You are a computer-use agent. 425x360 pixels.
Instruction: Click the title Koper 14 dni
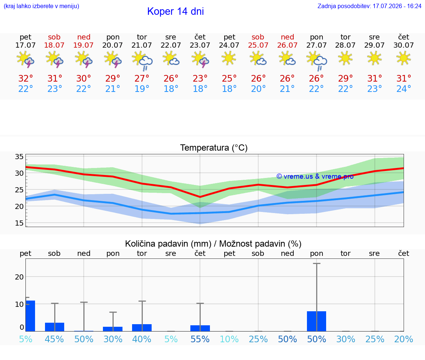pyautogui.click(x=175, y=11)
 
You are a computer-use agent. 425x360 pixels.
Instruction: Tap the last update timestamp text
pyautogui.click(x=369, y=6)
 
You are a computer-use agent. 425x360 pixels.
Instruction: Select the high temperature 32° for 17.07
pyautogui.click(x=25, y=78)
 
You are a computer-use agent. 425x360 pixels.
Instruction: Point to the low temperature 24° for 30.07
pyautogui.click(x=404, y=89)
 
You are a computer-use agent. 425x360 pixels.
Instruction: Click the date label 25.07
pyautogui.click(x=258, y=45)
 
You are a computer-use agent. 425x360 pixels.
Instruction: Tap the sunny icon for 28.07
pyautogui.click(x=345, y=58)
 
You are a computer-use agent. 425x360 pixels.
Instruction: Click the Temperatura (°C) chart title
pyautogui.click(x=214, y=148)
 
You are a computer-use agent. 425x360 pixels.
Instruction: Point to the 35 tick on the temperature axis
pyautogui.click(x=19, y=157)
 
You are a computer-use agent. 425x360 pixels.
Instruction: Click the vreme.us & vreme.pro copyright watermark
pyautogui.click(x=315, y=176)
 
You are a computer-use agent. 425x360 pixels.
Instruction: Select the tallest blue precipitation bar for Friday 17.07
pyautogui.click(x=30, y=316)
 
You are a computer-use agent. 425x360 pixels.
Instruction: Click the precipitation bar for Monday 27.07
pyautogui.click(x=317, y=321)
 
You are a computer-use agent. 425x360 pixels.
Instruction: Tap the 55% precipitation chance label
pyautogui.click(x=200, y=339)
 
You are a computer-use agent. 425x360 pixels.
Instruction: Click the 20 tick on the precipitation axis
pyautogui.click(x=19, y=277)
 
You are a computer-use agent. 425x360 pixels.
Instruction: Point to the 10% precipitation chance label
pyautogui.click(x=229, y=339)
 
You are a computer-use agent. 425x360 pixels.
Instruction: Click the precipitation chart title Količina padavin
pyautogui.click(x=213, y=244)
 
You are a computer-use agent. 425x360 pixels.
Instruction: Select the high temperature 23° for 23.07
pyautogui.click(x=200, y=78)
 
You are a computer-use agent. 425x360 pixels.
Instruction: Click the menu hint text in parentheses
pyautogui.click(x=41, y=6)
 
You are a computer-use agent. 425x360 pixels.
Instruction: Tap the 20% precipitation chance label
pyautogui.click(x=404, y=339)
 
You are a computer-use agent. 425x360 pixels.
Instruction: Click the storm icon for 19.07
pyautogui.click(x=83, y=59)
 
